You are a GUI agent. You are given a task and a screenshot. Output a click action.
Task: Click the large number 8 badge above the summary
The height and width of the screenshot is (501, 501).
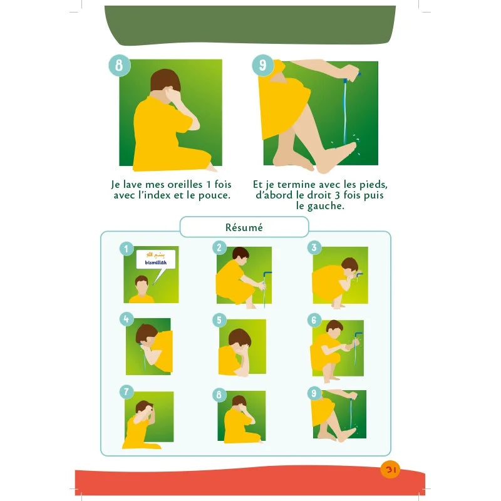point(119,66)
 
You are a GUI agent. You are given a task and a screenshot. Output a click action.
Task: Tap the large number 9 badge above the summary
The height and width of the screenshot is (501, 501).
point(262,66)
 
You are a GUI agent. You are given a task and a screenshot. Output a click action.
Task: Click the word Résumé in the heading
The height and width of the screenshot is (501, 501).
point(244,227)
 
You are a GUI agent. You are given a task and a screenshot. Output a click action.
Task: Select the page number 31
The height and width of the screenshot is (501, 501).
point(390,469)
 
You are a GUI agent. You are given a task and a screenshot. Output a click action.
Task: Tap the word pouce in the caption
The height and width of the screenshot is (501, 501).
point(214,195)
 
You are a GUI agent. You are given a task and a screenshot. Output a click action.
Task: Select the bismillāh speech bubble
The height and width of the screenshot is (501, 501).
point(156,259)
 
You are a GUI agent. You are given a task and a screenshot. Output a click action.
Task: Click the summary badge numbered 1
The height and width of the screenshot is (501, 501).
point(127,249)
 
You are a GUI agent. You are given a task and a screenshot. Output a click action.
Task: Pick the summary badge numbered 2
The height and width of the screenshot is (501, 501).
point(219,247)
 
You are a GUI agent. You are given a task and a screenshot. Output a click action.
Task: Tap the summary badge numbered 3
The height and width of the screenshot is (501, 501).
point(314,247)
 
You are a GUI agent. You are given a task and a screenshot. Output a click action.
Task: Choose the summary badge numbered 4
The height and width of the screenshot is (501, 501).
point(127,319)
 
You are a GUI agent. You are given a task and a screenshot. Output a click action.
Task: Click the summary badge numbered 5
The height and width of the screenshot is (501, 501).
point(219,320)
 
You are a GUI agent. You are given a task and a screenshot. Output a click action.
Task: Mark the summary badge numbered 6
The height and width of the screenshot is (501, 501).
point(314,320)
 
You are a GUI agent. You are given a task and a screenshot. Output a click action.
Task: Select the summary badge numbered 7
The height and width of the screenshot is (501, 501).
point(127,392)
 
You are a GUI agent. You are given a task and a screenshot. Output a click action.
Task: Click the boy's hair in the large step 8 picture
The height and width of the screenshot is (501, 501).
point(165,80)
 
